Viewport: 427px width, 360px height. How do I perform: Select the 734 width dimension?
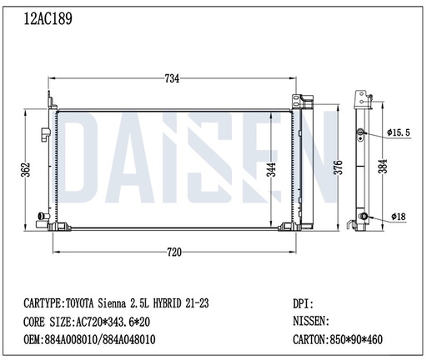pos(172,79)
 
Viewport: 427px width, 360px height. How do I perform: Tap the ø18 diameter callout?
pos(399,217)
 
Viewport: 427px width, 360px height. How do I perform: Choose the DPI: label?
pos(304,304)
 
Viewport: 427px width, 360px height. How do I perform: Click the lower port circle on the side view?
pos(363,217)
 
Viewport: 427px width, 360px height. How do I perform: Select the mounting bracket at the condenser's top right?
pos(297,102)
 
